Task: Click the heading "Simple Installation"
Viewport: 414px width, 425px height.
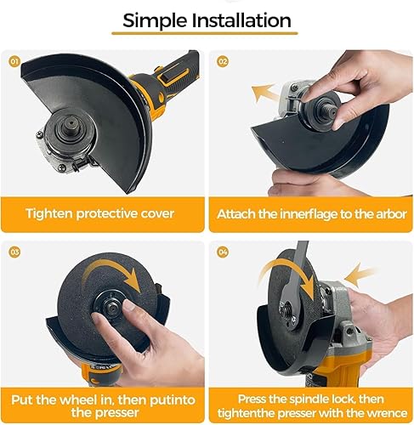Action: tap(207, 20)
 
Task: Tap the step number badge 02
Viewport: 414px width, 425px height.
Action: tap(223, 61)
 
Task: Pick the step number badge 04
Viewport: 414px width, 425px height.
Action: tap(223, 252)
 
